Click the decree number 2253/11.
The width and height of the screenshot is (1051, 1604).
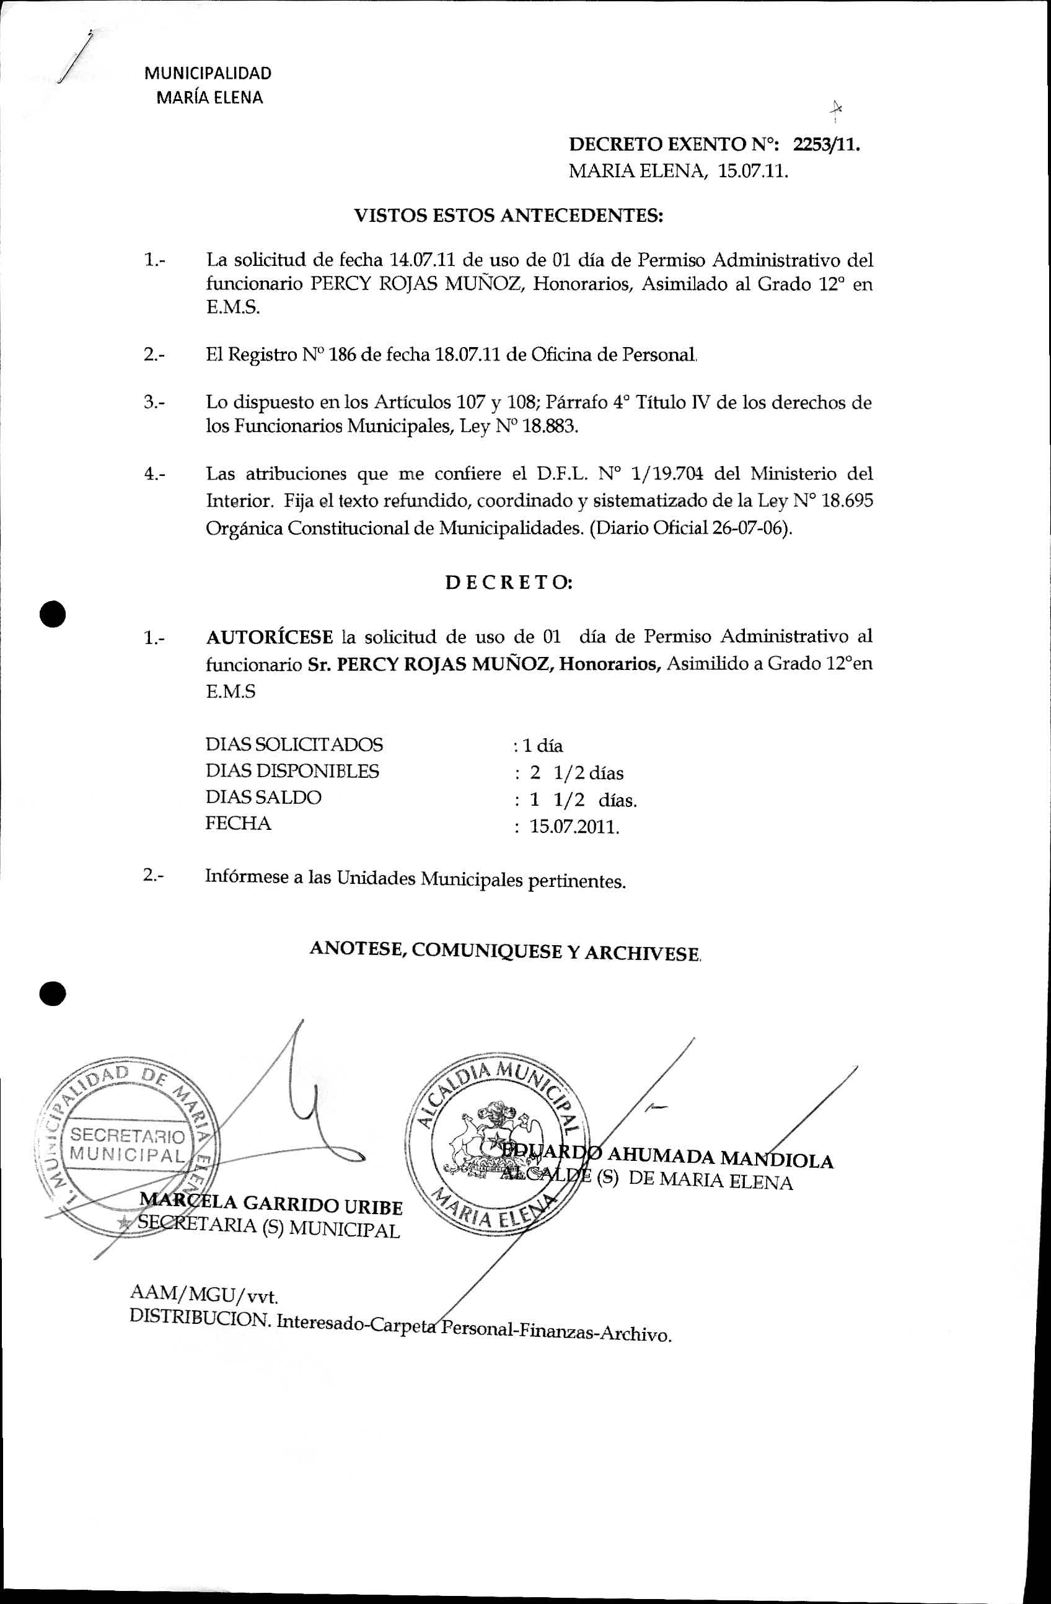827,145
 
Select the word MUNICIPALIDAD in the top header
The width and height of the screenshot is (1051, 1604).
208,74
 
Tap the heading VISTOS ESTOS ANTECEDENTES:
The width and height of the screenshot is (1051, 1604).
509,216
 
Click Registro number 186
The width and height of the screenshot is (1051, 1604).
342,355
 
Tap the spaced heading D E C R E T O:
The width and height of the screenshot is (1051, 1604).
509,583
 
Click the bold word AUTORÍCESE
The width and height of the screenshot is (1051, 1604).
270,638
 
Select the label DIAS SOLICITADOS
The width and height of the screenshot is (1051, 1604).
294,745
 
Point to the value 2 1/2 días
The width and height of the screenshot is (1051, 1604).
576,773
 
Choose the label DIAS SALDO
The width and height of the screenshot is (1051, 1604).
263,797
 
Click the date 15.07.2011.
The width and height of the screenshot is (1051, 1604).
574,827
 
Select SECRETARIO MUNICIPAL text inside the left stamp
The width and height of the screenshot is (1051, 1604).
127,1144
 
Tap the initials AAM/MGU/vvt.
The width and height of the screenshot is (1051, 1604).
203,1295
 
